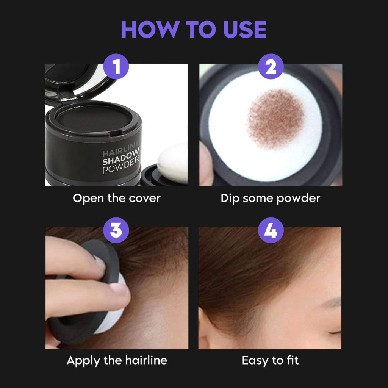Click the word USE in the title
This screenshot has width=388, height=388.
244,30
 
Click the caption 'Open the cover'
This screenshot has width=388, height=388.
116,198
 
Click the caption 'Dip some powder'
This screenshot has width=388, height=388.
270,198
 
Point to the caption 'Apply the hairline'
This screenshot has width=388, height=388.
116,360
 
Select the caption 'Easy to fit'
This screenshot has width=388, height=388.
270,360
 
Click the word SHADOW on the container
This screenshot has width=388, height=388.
121,161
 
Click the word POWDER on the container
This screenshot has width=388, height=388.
121,170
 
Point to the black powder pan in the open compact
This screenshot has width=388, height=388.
93,119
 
